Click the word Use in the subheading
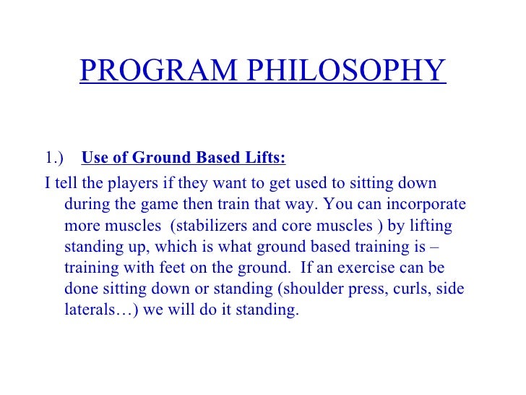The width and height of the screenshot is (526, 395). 95,158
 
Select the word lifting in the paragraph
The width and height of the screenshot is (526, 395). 429,226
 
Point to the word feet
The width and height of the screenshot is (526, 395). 170,268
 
